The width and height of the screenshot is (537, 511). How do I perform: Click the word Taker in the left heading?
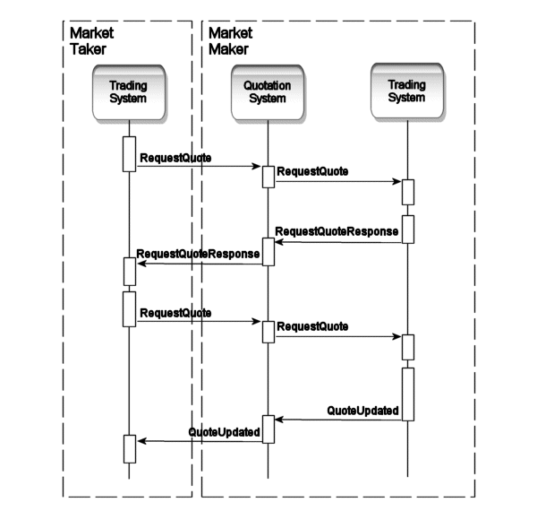coord(87,50)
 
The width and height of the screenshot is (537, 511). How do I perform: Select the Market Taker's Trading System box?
coord(128,91)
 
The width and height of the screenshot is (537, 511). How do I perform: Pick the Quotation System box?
coord(267,91)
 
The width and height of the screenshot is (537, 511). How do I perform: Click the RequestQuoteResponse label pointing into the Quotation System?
coord(337,231)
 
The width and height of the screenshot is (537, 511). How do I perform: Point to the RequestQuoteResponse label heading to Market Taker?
coord(198,255)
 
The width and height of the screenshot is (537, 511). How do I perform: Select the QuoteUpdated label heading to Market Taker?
coord(224,432)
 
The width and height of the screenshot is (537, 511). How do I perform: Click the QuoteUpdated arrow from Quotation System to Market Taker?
coord(197,440)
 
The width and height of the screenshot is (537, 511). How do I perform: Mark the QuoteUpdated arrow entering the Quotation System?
coord(337,419)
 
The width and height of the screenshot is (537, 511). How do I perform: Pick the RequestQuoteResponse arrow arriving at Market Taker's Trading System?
coord(197,264)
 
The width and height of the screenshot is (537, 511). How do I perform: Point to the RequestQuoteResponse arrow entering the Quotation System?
coord(337,241)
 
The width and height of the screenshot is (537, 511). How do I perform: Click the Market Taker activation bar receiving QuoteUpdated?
coord(129,448)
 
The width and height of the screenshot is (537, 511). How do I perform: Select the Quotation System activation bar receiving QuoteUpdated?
coord(268,429)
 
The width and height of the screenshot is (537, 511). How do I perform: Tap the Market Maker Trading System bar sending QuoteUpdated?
coord(407,394)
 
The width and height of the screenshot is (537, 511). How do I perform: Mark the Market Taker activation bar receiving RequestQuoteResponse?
coord(129,269)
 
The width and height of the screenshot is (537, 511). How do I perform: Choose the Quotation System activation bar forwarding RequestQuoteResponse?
coord(268,252)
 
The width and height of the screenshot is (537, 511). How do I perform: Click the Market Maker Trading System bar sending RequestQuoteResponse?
coord(407,229)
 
